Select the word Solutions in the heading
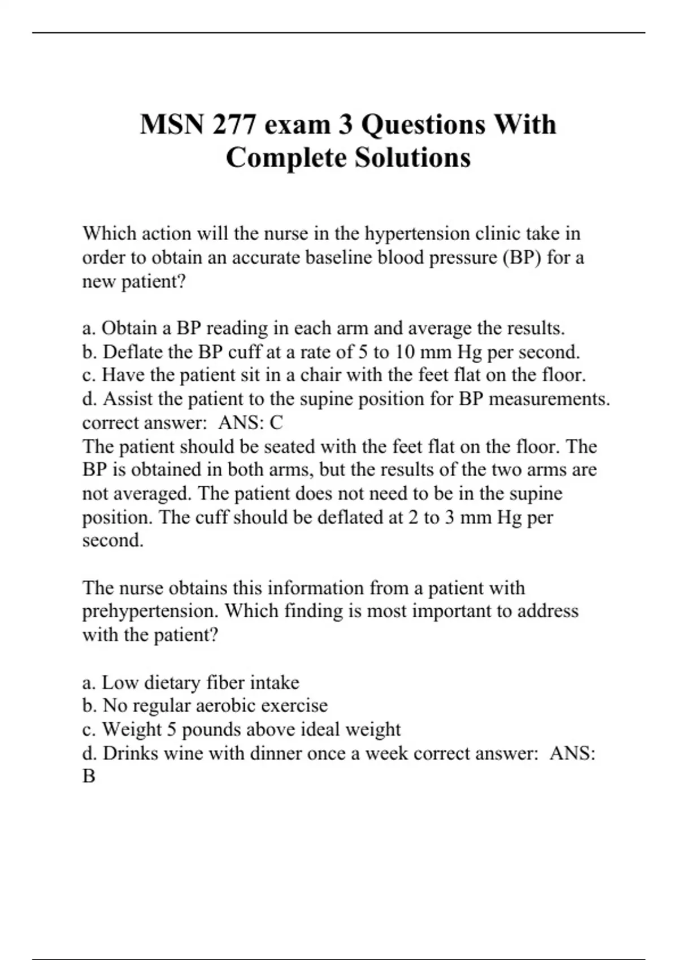pyautogui.click(x=412, y=157)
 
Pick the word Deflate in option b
pyautogui.click(x=133, y=352)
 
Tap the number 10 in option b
pyautogui.click(x=404, y=352)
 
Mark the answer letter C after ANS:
pyautogui.click(x=276, y=422)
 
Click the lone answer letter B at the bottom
pyautogui.click(x=89, y=776)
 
